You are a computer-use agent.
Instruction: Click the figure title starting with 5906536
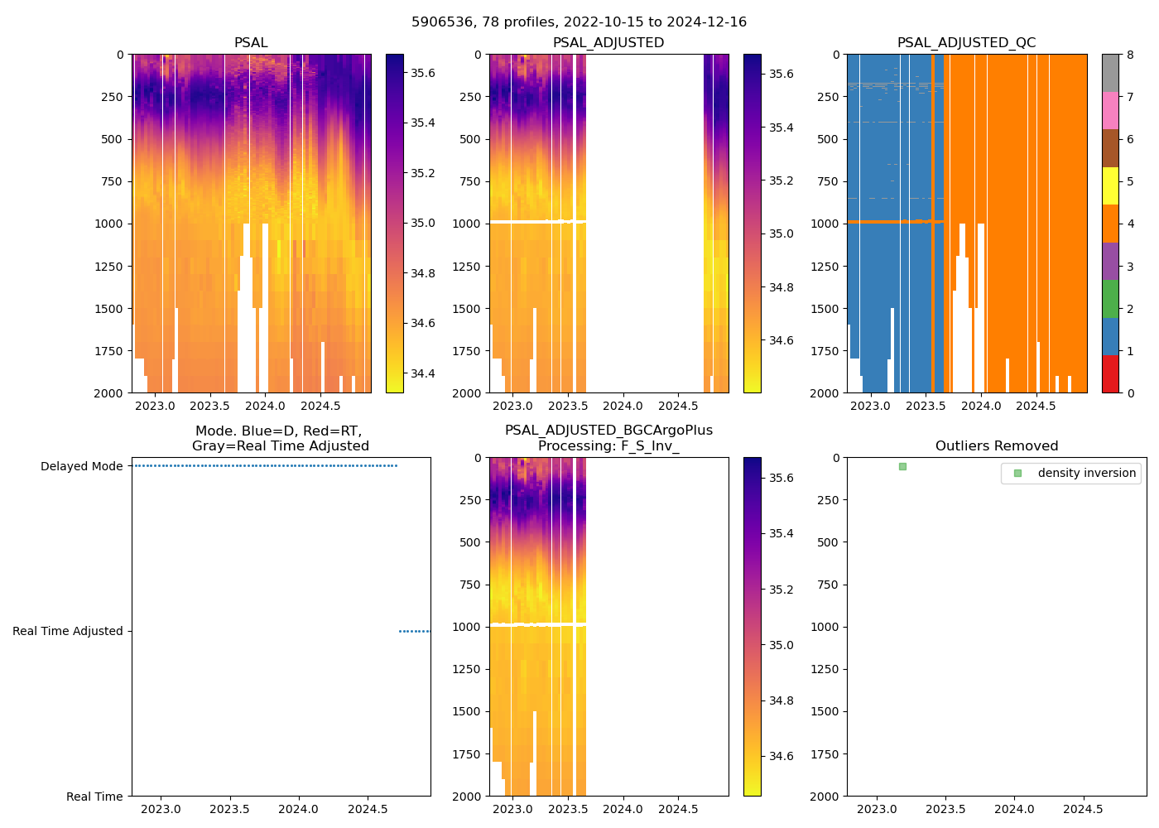[579, 22]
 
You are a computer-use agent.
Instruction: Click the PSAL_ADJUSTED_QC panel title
[966, 43]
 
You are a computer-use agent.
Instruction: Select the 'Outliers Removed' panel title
[996, 446]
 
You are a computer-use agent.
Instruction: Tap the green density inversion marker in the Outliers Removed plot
[902, 467]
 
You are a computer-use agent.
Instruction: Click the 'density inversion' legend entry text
[1086, 473]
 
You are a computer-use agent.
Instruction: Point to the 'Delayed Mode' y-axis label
[81, 467]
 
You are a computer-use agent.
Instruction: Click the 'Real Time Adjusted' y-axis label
[67, 632]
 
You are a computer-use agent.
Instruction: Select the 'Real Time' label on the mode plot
[94, 797]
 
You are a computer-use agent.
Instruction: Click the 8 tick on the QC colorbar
[1130, 55]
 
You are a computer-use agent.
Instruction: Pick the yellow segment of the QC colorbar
[1110, 186]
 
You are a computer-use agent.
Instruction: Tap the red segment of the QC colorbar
[1110, 374]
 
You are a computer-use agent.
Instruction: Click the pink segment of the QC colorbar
[1110, 111]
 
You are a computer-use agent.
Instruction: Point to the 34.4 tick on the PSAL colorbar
[423, 373]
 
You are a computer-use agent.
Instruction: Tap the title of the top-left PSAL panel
[251, 43]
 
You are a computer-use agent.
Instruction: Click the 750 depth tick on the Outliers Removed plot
[830, 585]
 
